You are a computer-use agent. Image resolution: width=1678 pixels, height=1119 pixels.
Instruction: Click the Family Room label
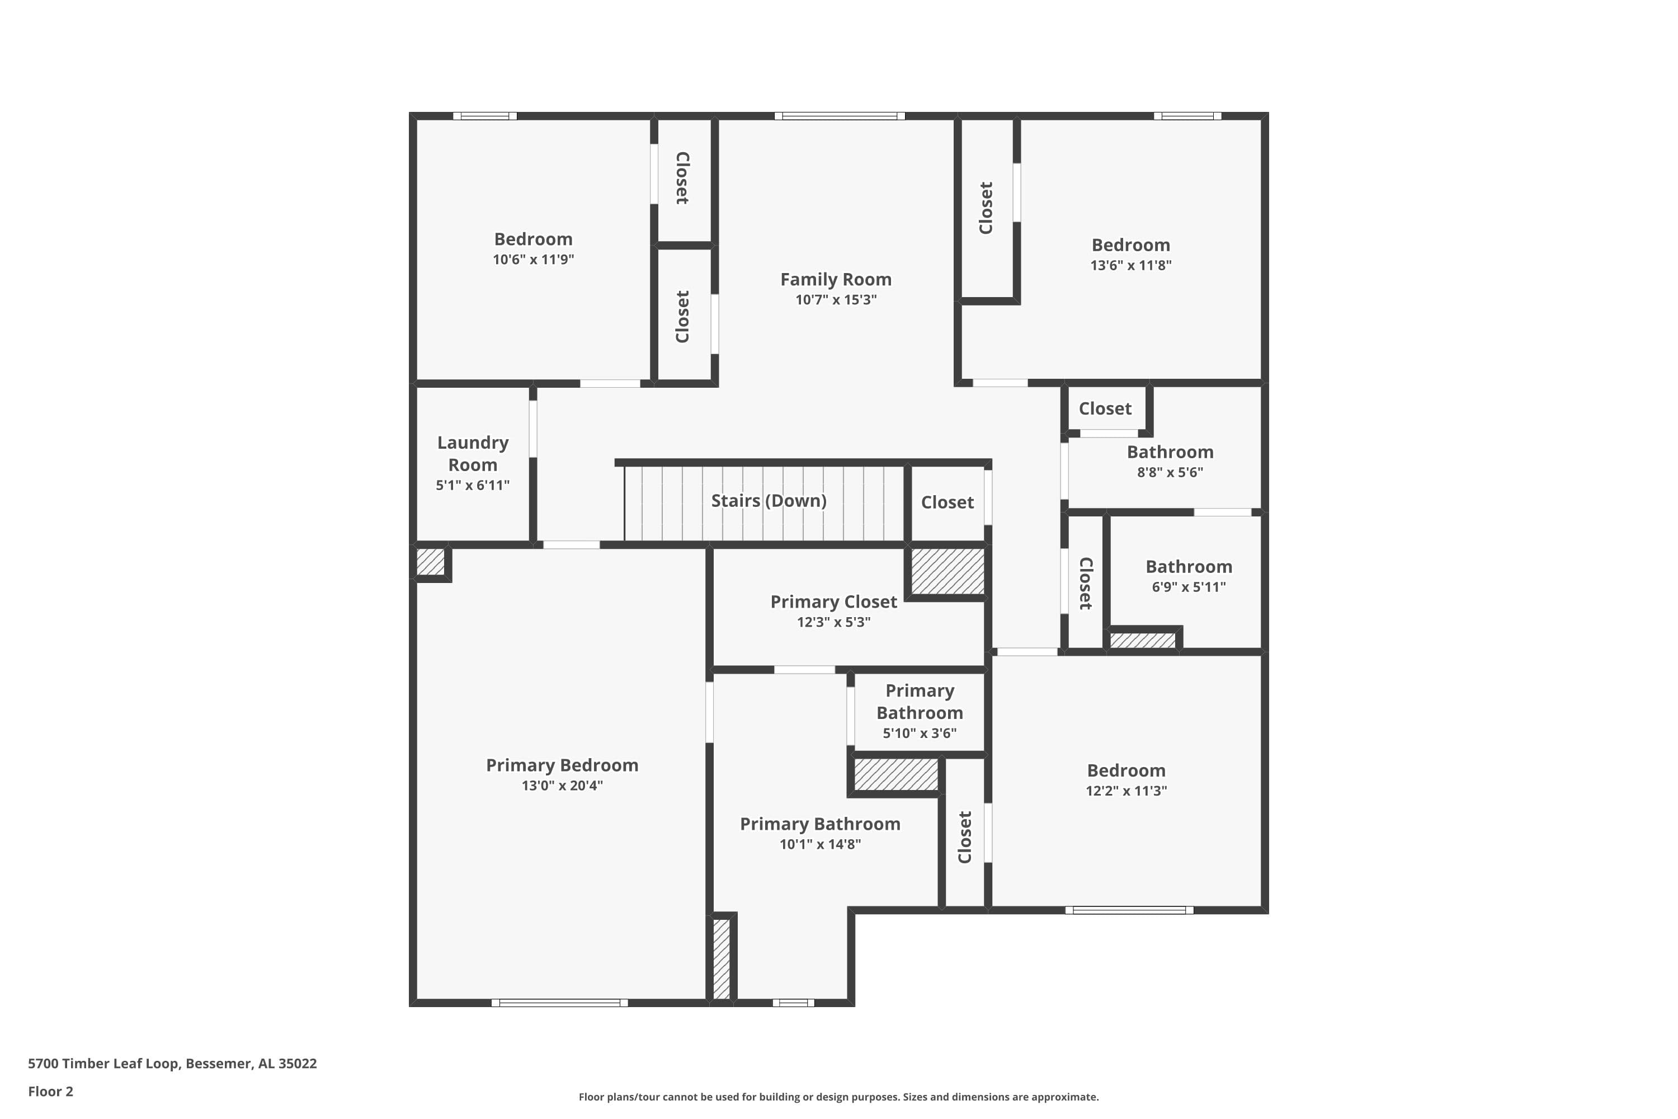pos(836,279)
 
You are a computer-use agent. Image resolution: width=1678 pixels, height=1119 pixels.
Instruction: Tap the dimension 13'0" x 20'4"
pos(562,786)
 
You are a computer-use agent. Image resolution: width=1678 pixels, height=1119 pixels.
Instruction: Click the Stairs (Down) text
pos(769,500)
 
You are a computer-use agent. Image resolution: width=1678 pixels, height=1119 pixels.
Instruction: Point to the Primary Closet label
pos(833,601)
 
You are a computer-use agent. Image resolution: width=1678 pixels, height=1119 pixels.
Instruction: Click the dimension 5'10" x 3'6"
pos(920,733)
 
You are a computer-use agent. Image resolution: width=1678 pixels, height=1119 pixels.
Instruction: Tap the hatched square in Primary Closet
pos(948,571)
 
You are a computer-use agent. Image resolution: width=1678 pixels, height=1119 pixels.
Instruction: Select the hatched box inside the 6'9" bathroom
pos(1142,640)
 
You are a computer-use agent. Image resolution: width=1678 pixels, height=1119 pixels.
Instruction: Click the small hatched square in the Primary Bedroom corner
pos(430,562)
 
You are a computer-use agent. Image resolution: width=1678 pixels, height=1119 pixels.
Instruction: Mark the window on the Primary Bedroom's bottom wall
pos(559,1003)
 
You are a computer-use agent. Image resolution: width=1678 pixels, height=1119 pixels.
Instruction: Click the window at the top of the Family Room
pos(840,116)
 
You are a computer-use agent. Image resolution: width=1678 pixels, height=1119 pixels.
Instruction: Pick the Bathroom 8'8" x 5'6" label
pos(1170,452)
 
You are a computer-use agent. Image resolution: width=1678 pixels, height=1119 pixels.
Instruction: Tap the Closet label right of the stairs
pos(947,502)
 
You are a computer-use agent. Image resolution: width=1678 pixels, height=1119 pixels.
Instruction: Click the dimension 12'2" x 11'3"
pos(1126,791)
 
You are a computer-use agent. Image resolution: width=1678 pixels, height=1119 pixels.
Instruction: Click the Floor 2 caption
pos(51,1091)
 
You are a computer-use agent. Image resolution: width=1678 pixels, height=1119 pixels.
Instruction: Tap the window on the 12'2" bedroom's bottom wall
pos(1129,910)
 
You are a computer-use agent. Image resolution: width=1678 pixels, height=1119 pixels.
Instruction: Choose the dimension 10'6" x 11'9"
pos(533,259)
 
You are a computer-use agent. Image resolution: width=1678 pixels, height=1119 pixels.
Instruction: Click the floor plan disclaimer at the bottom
pos(838,1097)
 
